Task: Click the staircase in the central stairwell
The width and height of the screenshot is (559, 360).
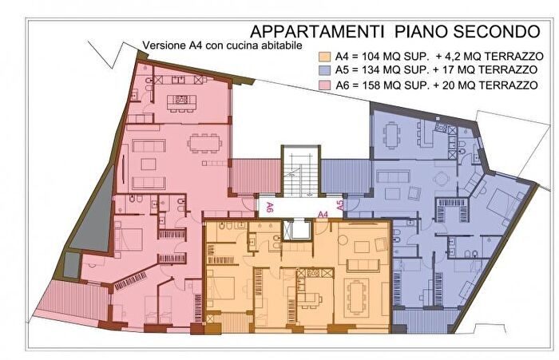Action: tap(299, 172)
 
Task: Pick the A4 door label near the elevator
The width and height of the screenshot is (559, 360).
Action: tap(323, 215)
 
